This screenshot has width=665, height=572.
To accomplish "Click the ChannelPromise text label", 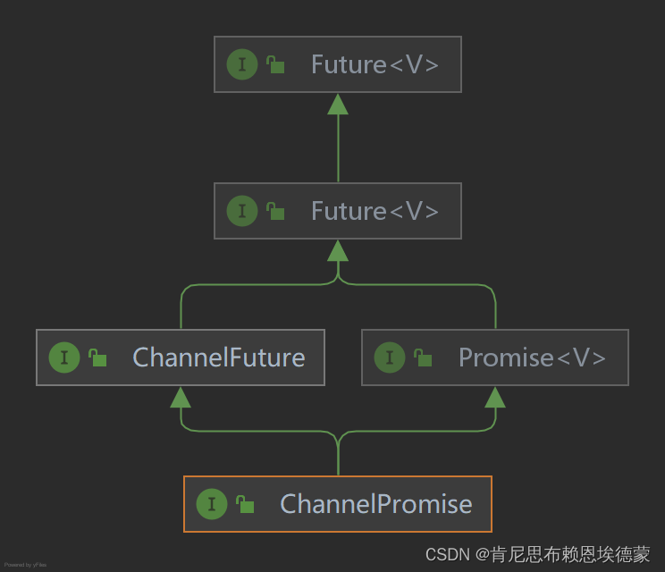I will coord(375,504).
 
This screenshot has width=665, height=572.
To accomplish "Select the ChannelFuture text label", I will coord(219,357).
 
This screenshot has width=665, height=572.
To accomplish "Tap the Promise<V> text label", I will coord(532,357).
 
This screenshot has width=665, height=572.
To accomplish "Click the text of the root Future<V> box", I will coord(375,64).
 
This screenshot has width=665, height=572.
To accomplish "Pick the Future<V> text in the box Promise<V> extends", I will coord(375,211).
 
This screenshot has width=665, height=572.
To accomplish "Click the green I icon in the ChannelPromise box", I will coord(211,504).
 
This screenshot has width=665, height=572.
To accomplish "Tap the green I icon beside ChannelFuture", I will coord(63,357).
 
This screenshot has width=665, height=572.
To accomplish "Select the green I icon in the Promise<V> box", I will coord(389,357).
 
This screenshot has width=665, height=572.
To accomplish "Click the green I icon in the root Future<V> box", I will coord(241,64).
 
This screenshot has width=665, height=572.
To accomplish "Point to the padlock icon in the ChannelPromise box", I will coord(245,504).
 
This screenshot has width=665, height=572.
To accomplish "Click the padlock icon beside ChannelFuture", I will coord(97,357).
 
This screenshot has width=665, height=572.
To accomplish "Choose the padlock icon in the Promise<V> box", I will coord(423,357).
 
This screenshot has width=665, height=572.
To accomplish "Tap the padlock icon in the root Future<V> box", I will coord(275,64).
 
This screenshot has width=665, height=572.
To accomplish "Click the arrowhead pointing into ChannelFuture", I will coord(181,397).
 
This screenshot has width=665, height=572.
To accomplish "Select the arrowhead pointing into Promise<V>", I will coord(495,397).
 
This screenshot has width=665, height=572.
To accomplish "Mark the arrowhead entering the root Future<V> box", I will coord(338,104).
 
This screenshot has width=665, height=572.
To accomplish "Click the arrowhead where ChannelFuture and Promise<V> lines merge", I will coord(338,250).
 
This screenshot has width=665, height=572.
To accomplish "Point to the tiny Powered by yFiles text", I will coord(25,565).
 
